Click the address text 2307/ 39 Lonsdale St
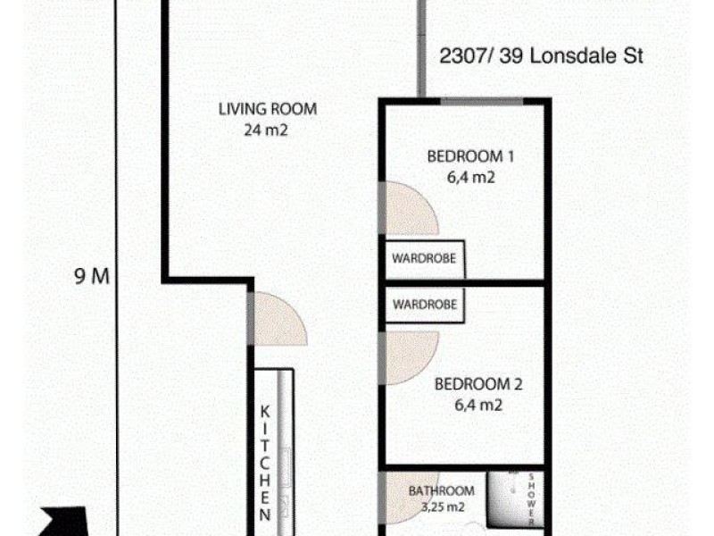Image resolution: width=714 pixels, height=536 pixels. [542, 57]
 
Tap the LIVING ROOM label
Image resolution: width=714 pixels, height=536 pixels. [268, 111]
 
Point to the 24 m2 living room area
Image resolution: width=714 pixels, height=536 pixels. [268, 130]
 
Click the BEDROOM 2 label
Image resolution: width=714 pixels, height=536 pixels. [477, 386]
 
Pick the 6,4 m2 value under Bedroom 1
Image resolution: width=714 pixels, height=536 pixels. [471, 177]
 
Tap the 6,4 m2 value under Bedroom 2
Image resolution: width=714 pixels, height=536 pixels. [477, 406]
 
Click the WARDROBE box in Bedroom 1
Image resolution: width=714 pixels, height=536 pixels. [425, 258]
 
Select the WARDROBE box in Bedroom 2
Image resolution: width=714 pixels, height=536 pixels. [425, 305]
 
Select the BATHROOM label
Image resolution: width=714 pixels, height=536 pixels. [441, 490]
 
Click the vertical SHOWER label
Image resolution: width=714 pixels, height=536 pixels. [532, 498]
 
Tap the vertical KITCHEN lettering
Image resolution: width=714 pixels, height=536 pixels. [265, 465]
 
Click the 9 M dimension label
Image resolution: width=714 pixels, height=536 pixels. [91, 276]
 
